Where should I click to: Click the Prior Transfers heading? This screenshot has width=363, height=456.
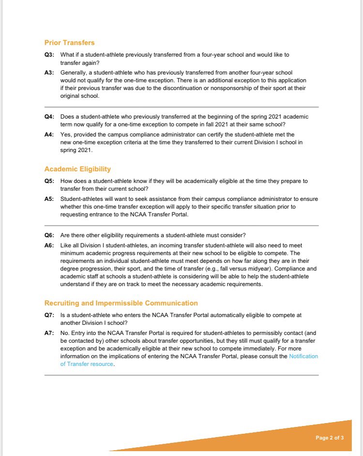pyautogui.click(x=69, y=43)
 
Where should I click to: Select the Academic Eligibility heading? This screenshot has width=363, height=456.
pyautogui.click(x=77, y=169)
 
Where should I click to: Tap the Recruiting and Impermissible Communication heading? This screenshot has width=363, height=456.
pyautogui.click(x=121, y=303)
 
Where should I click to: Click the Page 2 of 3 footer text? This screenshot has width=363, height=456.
pyautogui.click(x=330, y=438)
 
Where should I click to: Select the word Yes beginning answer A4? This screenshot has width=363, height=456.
pyautogui.click(x=65, y=135)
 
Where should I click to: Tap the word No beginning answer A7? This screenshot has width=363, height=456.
pyautogui.click(x=65, y=333)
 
